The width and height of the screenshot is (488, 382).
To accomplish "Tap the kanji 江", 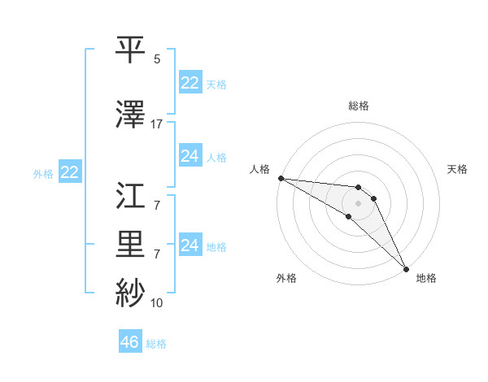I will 131,198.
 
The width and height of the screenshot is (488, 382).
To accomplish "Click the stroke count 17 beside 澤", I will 156,124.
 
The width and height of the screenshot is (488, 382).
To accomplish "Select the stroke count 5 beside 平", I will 156,59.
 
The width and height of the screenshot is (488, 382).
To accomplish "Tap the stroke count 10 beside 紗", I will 156,303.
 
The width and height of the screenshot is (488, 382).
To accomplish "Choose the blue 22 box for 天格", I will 190,82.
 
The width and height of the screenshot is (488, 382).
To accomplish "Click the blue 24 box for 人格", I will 190,156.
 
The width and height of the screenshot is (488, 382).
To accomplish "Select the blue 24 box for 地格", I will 190,245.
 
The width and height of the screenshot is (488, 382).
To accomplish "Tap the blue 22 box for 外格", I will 69,172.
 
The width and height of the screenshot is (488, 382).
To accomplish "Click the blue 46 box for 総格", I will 129,342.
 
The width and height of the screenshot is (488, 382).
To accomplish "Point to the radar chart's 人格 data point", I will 280,178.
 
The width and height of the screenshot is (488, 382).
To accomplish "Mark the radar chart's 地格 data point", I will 405,268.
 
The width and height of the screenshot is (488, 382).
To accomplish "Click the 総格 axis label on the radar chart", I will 359,106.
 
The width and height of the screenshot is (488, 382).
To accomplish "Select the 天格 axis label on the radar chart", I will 457,169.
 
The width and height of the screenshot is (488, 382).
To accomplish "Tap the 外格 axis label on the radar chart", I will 286,279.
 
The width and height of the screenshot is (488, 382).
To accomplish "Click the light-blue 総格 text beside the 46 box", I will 156,344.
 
